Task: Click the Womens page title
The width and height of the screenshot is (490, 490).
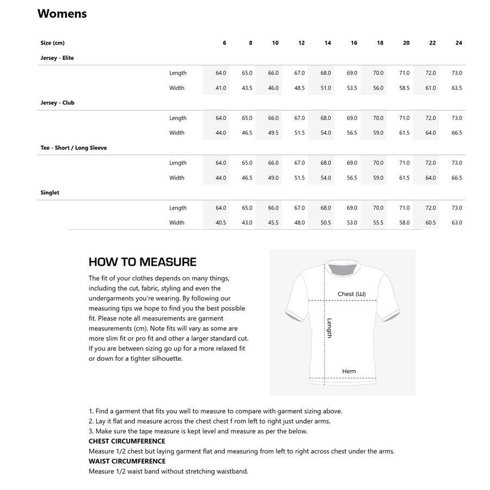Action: click(x=62, y=14)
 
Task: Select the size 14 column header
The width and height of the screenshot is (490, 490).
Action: click(x=327, y=43)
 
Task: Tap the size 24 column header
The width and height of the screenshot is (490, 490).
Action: click(x=458, y=43)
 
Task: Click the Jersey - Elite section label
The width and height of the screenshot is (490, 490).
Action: click(x=57, y=58)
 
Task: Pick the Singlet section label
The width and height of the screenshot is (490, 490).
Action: click(x=50, y=193)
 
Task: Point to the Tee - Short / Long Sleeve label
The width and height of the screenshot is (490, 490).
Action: click(x=73, y=148)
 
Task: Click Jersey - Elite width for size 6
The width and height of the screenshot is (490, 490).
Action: click(x=220, y=88)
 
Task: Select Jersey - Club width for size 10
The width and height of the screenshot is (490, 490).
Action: click(x=273, y=133)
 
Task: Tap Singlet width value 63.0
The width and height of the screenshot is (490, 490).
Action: click(x=457, y=223)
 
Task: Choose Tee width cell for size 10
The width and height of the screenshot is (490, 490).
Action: click(x=273, y=178)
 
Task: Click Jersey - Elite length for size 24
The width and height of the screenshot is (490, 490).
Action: click(x=457, y=73)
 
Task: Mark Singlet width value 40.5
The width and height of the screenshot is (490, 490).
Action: click(x=220, y=223)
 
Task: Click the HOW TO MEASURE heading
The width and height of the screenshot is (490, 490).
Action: click(x=143, y=262)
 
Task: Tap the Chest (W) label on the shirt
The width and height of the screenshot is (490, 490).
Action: click(x=351, y=294)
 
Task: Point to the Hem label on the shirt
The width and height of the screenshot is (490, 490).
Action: click(x=349, y=371)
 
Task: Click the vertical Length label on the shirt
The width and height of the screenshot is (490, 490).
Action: click(x=329, y=328)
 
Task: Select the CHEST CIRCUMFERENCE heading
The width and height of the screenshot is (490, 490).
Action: click(x=127, y=441)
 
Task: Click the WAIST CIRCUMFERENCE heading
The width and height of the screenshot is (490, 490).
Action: click(x=127, y=461)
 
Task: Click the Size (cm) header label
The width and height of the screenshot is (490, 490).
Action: click(x=52, y=43)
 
